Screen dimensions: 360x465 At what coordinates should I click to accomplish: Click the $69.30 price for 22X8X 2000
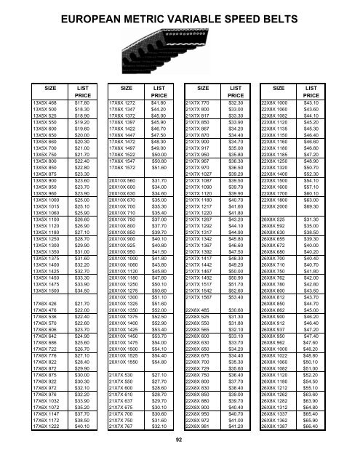[x=313, y=186]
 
